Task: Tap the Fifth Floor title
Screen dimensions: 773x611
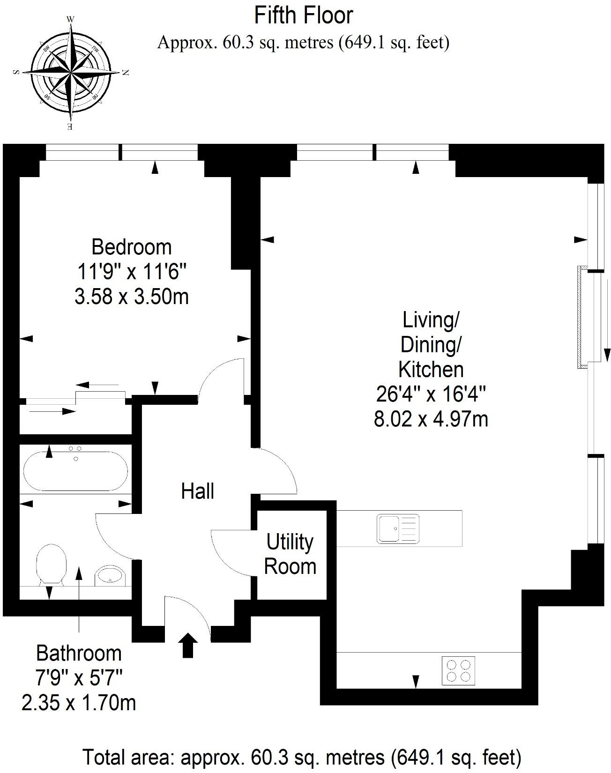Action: click(x=303, y=15)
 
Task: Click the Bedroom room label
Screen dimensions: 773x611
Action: click(x=131, y=247)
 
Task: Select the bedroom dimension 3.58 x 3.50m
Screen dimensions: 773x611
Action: click(x=131, y=297)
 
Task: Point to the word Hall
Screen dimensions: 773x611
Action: click(x=198, y=491)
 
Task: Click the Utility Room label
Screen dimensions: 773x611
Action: click(x=290, y=554)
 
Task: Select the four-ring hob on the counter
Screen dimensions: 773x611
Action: click(x=459, y=670)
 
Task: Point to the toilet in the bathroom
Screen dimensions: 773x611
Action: click(x=51, y=563)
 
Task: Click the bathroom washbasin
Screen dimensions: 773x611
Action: click(x=110, y=575)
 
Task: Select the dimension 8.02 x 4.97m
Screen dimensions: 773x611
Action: click(x=431, y=419)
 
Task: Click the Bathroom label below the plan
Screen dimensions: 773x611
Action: click(x=79, y=653)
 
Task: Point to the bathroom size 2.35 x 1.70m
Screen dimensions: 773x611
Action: click(x=79, y=703)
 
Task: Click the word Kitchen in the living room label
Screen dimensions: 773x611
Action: click(x=431, y=369)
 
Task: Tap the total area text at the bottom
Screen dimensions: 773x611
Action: click(x=302, y=757)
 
